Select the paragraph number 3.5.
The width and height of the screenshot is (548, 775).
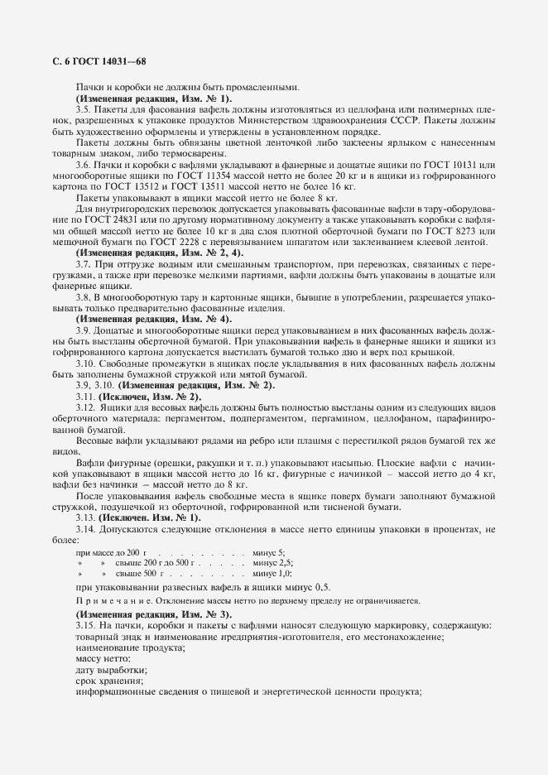84,108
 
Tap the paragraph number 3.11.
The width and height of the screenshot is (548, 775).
86,397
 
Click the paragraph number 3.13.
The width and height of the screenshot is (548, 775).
86,517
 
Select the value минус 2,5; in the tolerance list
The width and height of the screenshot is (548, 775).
272,562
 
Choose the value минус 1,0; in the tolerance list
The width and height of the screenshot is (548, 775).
272,573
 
